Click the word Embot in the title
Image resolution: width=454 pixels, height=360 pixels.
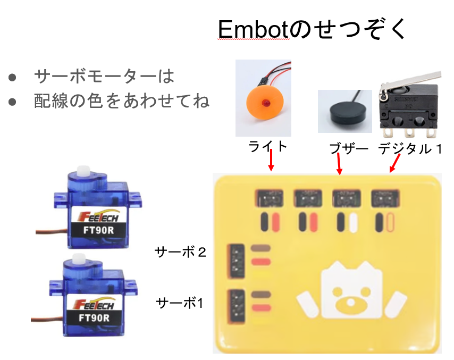[253, 31]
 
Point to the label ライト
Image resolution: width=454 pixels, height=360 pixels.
[268, 146]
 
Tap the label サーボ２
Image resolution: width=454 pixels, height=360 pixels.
[180, 252]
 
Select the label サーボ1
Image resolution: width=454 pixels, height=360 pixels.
[180, 303]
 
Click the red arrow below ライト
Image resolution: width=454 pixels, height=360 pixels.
[271, 160]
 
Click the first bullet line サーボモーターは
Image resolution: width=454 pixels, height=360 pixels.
[104, 77]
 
